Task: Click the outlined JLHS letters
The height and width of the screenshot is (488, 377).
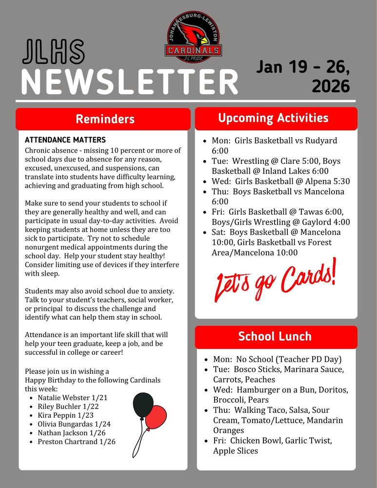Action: coord(54,52)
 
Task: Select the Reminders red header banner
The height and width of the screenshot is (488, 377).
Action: coord(104,119)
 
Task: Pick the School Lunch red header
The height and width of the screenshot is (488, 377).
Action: coord(276,336)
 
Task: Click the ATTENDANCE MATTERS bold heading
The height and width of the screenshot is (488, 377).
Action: coord(65,140)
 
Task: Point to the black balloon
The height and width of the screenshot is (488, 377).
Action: coord(143,406)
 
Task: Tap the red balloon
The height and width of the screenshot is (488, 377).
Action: coord(157,417)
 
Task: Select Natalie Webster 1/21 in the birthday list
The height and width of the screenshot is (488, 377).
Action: coord(72,398)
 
